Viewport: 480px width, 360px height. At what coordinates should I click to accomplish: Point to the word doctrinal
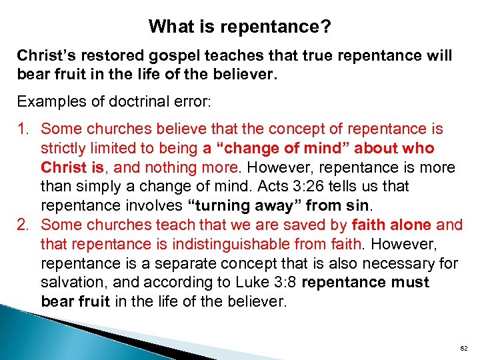137,101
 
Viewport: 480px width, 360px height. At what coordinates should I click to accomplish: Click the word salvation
71,283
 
